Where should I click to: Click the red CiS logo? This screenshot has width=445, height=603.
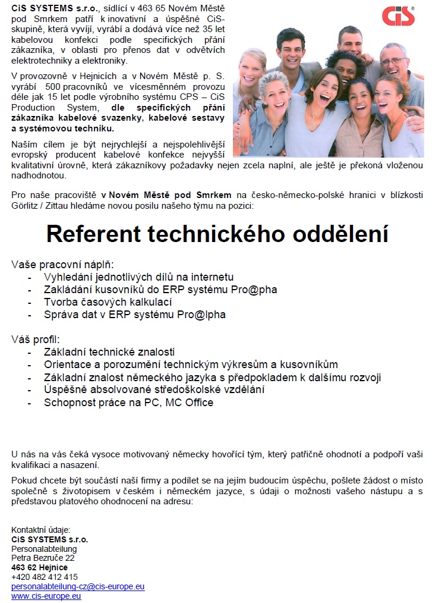pos(397,15)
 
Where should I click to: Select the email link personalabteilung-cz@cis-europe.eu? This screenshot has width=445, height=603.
pos(78,586)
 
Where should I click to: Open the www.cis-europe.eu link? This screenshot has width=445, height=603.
pos(46,596)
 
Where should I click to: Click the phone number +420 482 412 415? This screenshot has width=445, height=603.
pos(45,577)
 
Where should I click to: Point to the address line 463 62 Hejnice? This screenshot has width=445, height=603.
pos(39,567)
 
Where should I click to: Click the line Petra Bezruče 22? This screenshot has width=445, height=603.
pos(43,558)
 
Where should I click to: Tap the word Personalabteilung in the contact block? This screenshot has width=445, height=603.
pos(44,549)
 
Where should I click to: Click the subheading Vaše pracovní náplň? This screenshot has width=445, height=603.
pos(62,264)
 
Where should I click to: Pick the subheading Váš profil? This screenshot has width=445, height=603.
pos(36,340)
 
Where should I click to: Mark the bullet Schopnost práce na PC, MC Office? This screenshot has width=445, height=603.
pos(128,403)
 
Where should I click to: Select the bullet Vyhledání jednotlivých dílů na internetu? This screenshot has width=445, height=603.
pos(138,277)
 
